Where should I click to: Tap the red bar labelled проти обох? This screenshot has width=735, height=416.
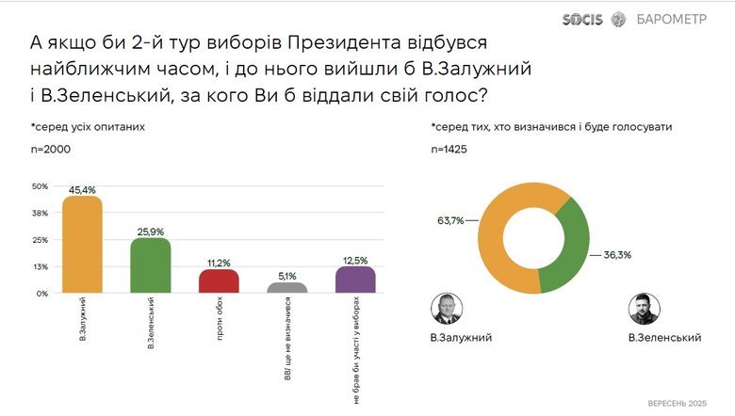pyautogui.click(x=219, y=280)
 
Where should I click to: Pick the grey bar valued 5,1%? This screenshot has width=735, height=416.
pyautogui.click(x=287, y=288)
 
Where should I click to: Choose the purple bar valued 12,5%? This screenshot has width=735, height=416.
pyautogui.click(x=355, y=280)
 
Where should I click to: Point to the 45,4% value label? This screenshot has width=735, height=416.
pyautogui.click(x=81, y=189)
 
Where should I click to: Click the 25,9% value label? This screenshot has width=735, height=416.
pyautogui.click(x=150, y=231)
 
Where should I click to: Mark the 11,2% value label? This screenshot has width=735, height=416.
pyautogui.click(x=219, y=262)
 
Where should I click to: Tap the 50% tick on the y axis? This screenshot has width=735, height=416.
pyautogui.click(x=40, y=186)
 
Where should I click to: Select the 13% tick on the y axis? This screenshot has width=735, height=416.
pyautogui.click(x=40, y=266)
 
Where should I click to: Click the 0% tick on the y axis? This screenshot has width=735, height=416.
pyautogui.click(x=41, y=293)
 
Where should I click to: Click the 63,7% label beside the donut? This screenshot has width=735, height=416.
pyautogui.click(x=450, y=220)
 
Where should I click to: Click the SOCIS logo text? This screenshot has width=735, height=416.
pyautogui.click(x=582, y=19)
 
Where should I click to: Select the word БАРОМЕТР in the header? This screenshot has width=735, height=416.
pyautogui.click(x=672, y=19)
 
